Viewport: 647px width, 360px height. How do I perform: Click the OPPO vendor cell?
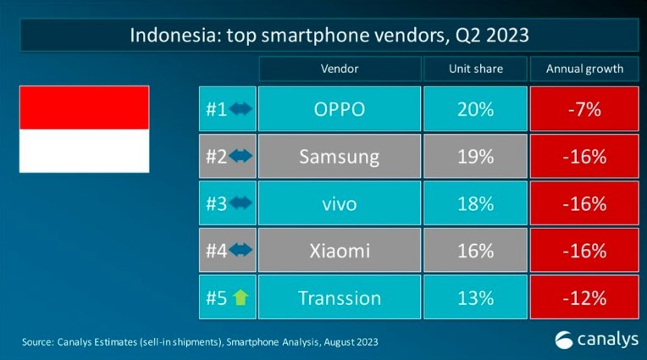click(x=340, y=109)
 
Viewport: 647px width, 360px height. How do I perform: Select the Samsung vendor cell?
click(x=340, y=157)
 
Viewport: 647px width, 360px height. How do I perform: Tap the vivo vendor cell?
click(x=340, y=204)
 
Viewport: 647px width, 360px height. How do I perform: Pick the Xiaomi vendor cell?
click(x=340, y=251)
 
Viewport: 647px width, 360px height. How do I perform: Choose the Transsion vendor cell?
click(x=340, y=298)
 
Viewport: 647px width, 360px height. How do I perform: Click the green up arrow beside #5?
click(x=241, y=298)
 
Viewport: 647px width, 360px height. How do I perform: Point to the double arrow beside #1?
click(x=241, y=109)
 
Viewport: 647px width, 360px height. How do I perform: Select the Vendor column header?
click(x=340, y=69)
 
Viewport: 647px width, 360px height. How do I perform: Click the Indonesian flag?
click(x=84, y=129)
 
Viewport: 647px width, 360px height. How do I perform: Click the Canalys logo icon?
click(x=563, y=340)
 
